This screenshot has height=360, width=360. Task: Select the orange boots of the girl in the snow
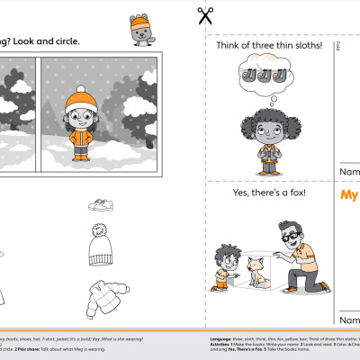(82, 156)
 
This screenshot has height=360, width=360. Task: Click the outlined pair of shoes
(101, 205)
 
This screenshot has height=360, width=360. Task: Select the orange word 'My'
(349, 196)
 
